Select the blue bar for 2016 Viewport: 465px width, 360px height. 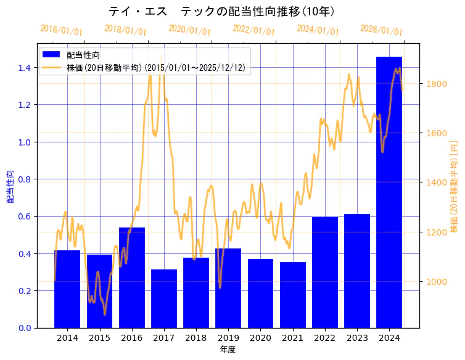coord(132,277)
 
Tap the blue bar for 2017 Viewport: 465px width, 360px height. coord(164,298)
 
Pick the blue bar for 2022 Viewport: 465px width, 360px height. coord(324,272)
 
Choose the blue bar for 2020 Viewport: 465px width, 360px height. coord(260,293)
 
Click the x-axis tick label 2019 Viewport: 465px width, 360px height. coord(228,338)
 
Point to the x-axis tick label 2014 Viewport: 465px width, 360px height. coord(67,338)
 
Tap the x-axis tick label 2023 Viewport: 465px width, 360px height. coord(356,338)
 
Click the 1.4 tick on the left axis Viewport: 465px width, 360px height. coord(24,68)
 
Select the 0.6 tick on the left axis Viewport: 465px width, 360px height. coord(24,216)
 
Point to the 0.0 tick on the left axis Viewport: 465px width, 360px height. coord(24,328)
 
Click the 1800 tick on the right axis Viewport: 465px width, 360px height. coord(435,84)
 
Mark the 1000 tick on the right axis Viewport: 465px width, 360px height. coord(435,282)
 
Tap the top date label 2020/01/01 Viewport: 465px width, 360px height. coord(189,30)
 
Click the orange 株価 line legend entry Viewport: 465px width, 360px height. coord(157,67)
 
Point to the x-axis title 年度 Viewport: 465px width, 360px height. coord(228,350)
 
